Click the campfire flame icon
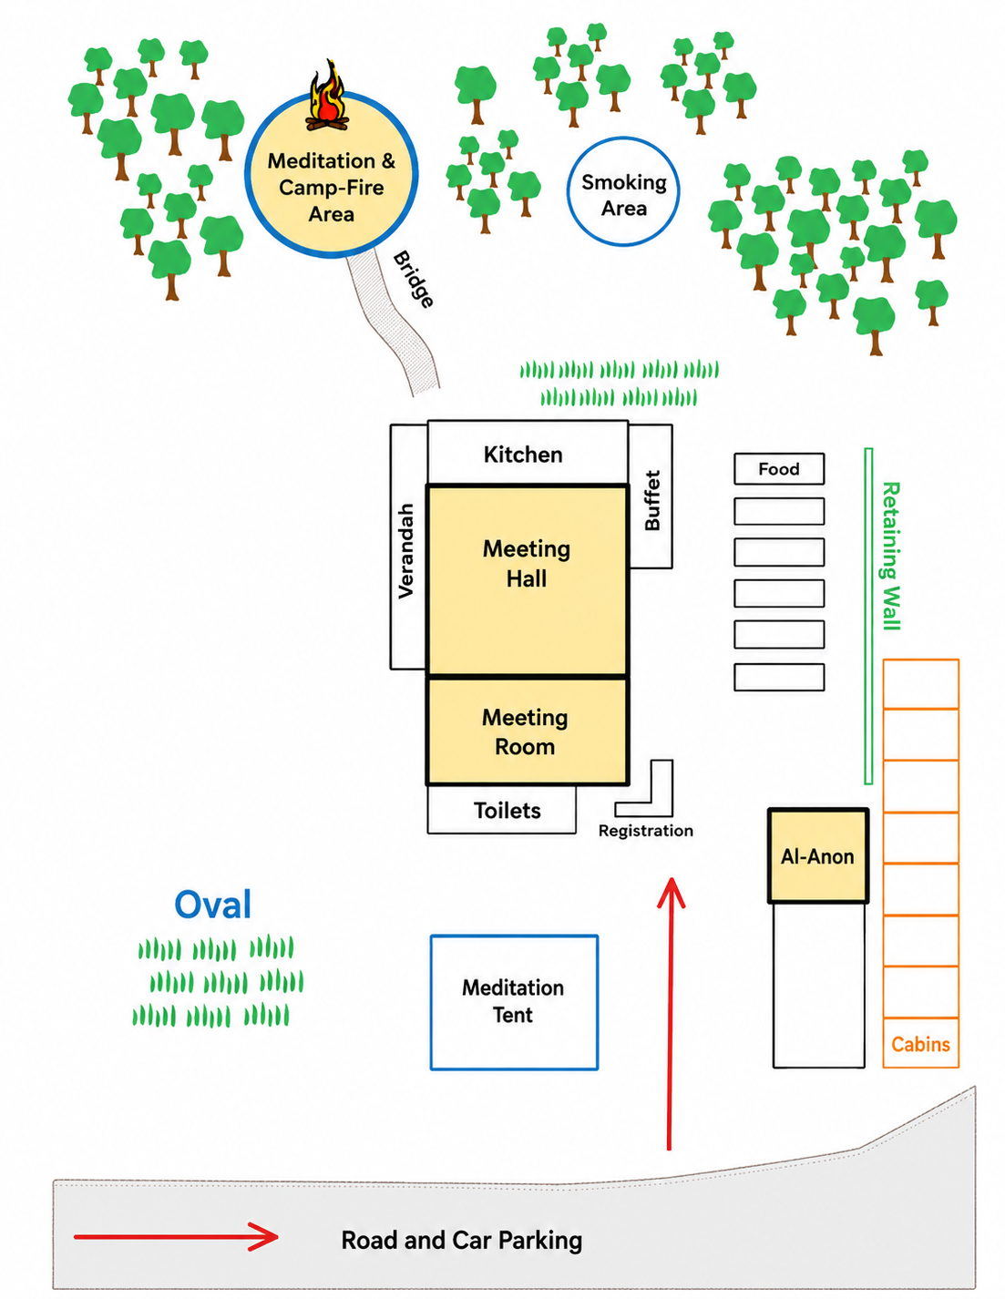(326, 96)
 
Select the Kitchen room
(528, 453)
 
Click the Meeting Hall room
(527, 580)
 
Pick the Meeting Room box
(527, 731)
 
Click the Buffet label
(651, 500)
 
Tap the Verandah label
(406, 550)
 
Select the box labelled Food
(779, 468)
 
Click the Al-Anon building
(817, 856)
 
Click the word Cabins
(920, 1044)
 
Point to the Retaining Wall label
(890, 556)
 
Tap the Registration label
(646, 831)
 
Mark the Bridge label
(413, 279)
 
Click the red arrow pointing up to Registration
(671, 1013)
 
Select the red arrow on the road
(177, 1236)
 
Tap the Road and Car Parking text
(462, 1240)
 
